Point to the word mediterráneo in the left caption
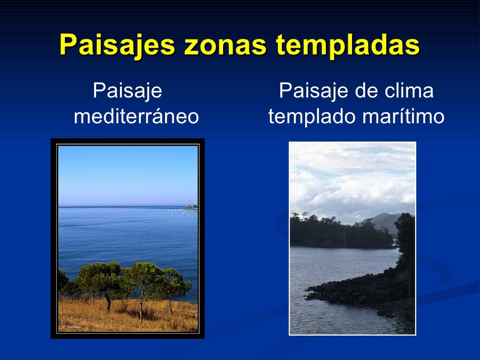tap(136, 117)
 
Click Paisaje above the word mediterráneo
tap(127, 90)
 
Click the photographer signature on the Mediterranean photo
tap(71, 327)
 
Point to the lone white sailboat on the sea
tap(123, 213)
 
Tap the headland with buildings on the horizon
tap(190, 206)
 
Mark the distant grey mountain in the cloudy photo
tap(385, 220)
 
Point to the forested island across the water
tap(337, 232)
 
